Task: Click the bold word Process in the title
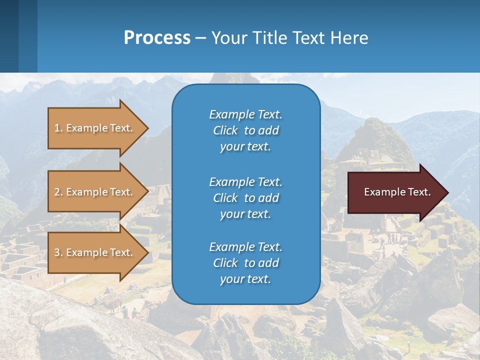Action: (x=157, y=37)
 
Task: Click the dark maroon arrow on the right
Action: (x=395, y=192)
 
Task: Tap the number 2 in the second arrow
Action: (x=57, y=192)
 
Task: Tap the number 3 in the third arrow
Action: (x=57, y=252)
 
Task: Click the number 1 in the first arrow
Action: (x=57, y=128)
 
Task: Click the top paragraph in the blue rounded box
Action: (x=245, y=130)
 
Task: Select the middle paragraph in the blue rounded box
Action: (x=245, y=197)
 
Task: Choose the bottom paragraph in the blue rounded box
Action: (x=245, y=263)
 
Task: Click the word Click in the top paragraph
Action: (x=225, y=130)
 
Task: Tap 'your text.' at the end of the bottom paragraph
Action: (x=245, y=279)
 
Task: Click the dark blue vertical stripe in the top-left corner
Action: (x=9, y=36)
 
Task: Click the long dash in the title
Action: (x=200, y=38)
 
